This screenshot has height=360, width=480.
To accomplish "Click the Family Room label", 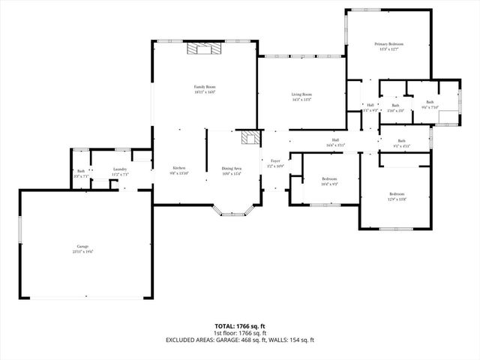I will [x=205, y=87].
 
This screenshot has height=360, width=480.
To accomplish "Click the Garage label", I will [x=82, y=246].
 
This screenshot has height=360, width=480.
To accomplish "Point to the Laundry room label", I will [x=121, y=169].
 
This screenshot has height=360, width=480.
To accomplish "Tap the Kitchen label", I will [x=179, y=168].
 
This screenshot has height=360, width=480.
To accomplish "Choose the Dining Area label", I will [x=231, y=169].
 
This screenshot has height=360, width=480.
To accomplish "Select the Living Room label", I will [x=301, y=94].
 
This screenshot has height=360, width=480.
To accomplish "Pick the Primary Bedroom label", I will [x=389, y=44].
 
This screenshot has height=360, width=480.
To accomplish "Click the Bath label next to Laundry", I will [x=81, y=171].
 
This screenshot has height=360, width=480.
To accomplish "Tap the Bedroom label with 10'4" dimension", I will [x=329, y=178].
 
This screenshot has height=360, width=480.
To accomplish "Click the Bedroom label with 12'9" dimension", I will [x=396, y=195].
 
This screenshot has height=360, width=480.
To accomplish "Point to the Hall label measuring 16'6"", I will [x=336, y=139].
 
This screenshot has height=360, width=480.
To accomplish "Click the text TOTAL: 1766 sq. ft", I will [x=240, y=326].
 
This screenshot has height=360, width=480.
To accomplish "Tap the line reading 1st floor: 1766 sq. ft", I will [x=240, y=333].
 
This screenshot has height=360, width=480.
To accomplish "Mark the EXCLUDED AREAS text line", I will [x=240, y=340].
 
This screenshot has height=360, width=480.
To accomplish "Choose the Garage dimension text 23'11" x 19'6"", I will [x=82, y=251].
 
